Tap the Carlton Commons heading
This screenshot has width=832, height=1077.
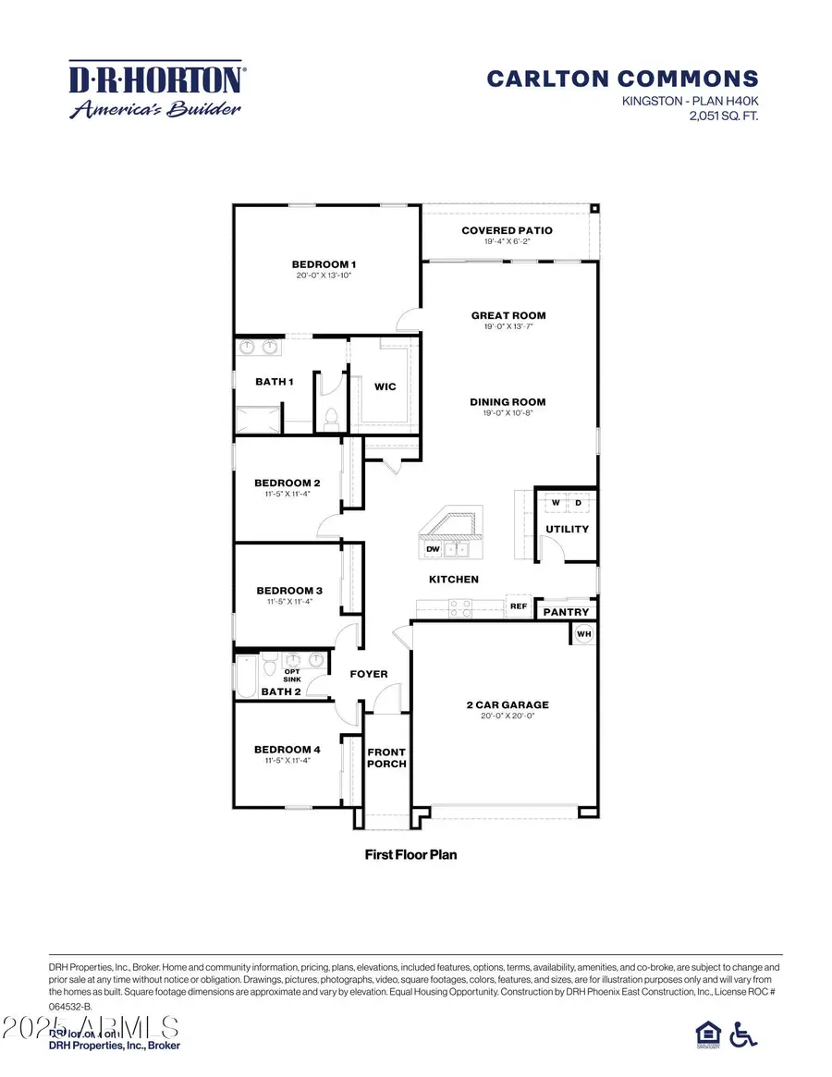[x=622, y=79]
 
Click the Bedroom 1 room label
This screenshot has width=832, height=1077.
[x=324, y=264]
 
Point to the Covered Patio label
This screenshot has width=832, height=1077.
[x=507, y=230]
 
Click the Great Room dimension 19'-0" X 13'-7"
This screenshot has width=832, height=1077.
[x=508, y=327]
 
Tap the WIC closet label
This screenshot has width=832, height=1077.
[x=385, y=386]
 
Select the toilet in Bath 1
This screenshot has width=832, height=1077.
[x=329, y=414]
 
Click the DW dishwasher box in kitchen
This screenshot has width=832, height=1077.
[x=432, y=549]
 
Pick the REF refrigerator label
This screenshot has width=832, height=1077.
[x=518, y=607]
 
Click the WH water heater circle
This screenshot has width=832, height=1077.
[x=583, y=633]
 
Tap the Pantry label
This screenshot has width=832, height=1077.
[x=566, y=612]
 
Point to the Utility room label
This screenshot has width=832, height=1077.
[x=568, y=529]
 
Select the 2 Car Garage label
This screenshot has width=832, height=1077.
[x=508, y=704]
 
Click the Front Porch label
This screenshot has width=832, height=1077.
[x=386, y=758]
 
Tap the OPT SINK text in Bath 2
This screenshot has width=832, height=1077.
[x=291, y=676]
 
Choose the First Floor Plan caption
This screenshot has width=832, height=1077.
[x=410, y=854]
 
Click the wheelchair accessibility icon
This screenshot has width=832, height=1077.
[x=742, y=1034]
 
